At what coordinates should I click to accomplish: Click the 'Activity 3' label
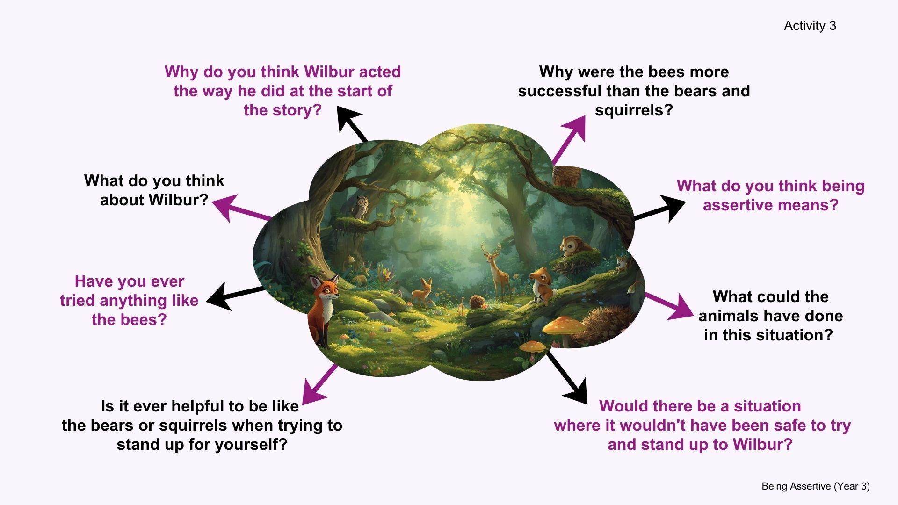810,26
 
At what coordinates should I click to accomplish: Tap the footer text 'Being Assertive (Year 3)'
816,486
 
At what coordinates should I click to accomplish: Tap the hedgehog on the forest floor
478,301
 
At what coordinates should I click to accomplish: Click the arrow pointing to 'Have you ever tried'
235,296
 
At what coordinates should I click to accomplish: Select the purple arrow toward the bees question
569,140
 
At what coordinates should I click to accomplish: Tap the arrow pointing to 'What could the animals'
669,306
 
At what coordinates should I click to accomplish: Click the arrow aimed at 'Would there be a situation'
567,378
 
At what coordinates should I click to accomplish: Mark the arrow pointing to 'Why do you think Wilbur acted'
350,124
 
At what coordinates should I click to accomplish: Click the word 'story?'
298,110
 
